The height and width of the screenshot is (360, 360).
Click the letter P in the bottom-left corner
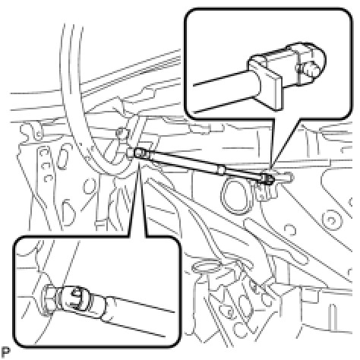click(x=5, y=352)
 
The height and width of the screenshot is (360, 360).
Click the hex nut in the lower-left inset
click(x=49, y=299)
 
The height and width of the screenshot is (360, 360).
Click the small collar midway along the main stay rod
click(x=221, y=170)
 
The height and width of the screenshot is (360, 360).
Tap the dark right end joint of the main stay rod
click(x=267, y=178)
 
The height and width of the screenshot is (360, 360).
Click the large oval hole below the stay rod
click(x=236, y=196)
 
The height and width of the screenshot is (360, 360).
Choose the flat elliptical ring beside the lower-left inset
click(x=206, y=267)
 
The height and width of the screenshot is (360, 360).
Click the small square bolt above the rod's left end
click(x=122, y=133)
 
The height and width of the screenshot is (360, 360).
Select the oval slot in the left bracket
click(x=62, y=159)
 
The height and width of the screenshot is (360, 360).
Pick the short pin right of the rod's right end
click(x=283, y=176)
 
